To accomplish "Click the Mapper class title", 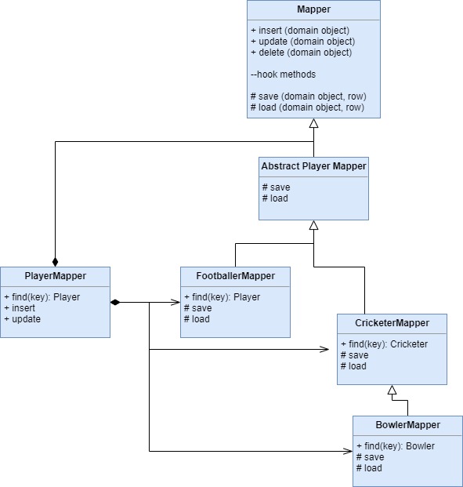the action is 313,9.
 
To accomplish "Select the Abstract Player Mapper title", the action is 313,166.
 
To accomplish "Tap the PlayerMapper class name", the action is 56,276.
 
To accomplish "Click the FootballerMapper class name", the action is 236,276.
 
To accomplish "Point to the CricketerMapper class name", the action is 392,323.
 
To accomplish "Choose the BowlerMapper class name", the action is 407,425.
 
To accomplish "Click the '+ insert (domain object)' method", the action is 300,31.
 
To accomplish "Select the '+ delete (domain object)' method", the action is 302,53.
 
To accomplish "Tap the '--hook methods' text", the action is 283,75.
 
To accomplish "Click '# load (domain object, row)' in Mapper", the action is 307,107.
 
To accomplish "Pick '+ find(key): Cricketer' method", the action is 384,344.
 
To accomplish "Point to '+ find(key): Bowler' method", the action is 396,446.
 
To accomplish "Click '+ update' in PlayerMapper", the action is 23,319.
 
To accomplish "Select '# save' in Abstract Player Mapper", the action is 277,187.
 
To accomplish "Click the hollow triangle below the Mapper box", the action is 313,123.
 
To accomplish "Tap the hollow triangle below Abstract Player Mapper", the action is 313,225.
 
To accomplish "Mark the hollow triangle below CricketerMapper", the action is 392,390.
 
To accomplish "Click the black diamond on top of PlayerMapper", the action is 56,262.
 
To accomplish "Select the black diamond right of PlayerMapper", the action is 115,302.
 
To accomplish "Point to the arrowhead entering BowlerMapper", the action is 348,451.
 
